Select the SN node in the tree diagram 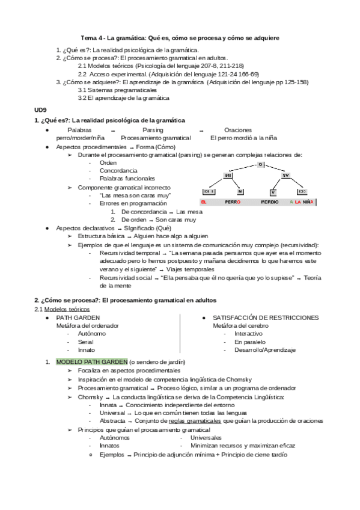[228, 175]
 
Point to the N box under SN [240, 191]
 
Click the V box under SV [273, 191]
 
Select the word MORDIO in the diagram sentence [270, 202]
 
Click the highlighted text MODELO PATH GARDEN [91, 361]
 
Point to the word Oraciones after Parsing [238, 129]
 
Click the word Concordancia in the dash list [118, 171]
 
